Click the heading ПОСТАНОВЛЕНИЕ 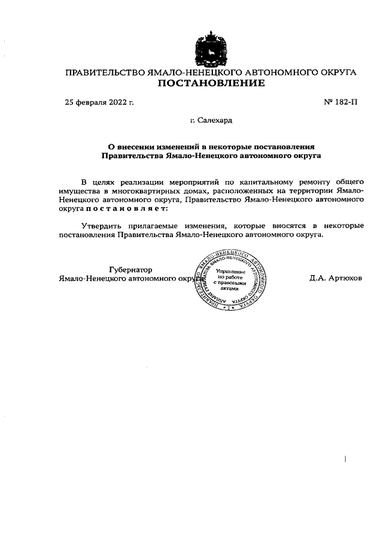211,83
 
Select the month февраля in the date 92,102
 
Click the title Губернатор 130,269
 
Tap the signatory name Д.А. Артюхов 335,279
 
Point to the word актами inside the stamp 231,289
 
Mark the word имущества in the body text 78,190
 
